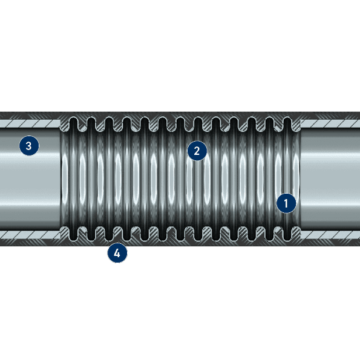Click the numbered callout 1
coord(286,203)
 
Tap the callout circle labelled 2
coord(197,151)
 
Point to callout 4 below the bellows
coord(117,253)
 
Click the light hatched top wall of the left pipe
coord(30,123)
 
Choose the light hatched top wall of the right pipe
coord(330,123)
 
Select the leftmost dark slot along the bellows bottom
coord(74,232)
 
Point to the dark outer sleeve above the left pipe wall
coord(30,116)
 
